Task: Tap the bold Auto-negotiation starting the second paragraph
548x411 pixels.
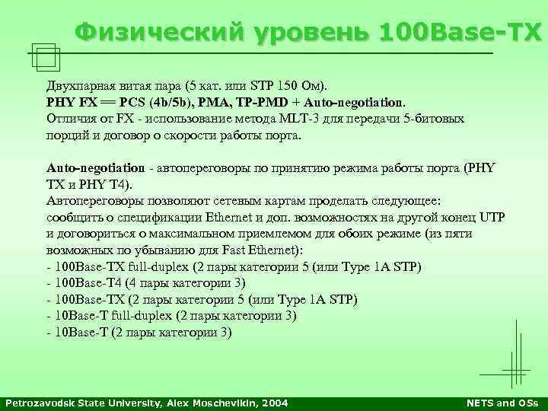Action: (96, 167)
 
